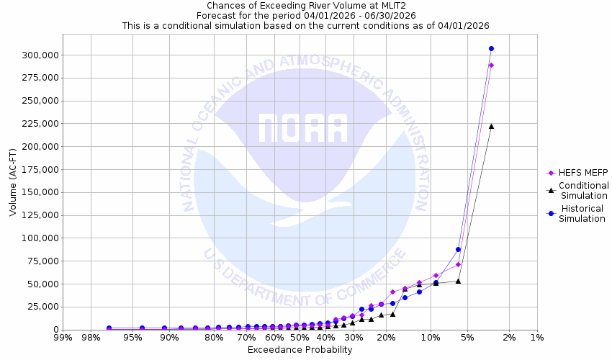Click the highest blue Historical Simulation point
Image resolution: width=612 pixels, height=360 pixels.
pos(491,48)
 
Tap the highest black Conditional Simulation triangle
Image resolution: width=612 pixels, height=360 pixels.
pos(491,126)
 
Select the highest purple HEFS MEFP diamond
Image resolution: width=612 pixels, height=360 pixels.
pos(491,65)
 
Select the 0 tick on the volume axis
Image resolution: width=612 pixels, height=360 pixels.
pos(56,330)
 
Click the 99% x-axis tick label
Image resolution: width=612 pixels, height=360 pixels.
pos(63,338)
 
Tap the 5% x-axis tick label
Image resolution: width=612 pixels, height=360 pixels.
pos(467,338)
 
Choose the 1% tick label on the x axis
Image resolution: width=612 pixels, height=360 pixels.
pos(536,338)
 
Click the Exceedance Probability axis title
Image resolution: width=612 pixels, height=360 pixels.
pos(300,350)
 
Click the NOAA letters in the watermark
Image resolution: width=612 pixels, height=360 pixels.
pos(302,127)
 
